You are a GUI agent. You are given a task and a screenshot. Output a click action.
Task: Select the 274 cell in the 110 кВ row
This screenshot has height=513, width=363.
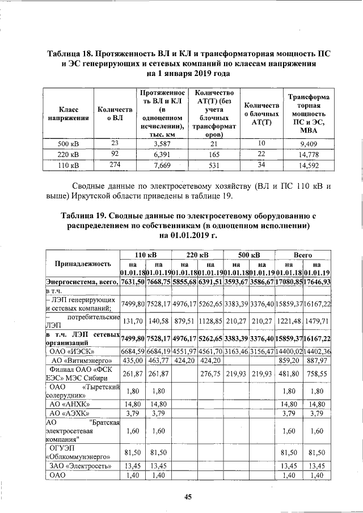pos(115,164)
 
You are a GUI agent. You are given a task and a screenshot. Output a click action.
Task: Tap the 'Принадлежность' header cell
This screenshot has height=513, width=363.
pos(82,264)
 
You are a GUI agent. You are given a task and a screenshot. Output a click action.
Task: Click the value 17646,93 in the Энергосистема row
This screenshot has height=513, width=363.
pos(318,282)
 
